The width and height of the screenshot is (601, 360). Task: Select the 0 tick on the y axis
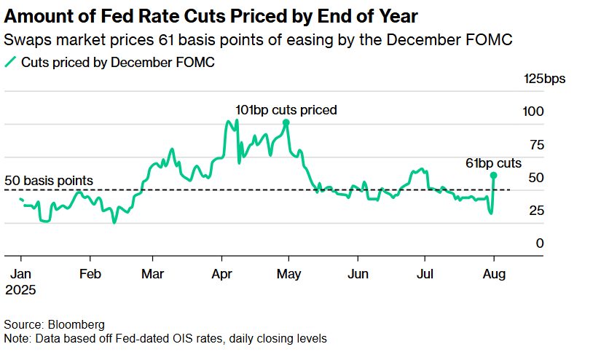539,243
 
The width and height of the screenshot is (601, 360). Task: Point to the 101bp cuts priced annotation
286,110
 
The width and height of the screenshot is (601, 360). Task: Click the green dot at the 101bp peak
286,123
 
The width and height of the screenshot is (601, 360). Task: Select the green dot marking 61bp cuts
494,175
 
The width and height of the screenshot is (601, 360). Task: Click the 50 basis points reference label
49,180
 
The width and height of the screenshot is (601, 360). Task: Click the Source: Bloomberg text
54,324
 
